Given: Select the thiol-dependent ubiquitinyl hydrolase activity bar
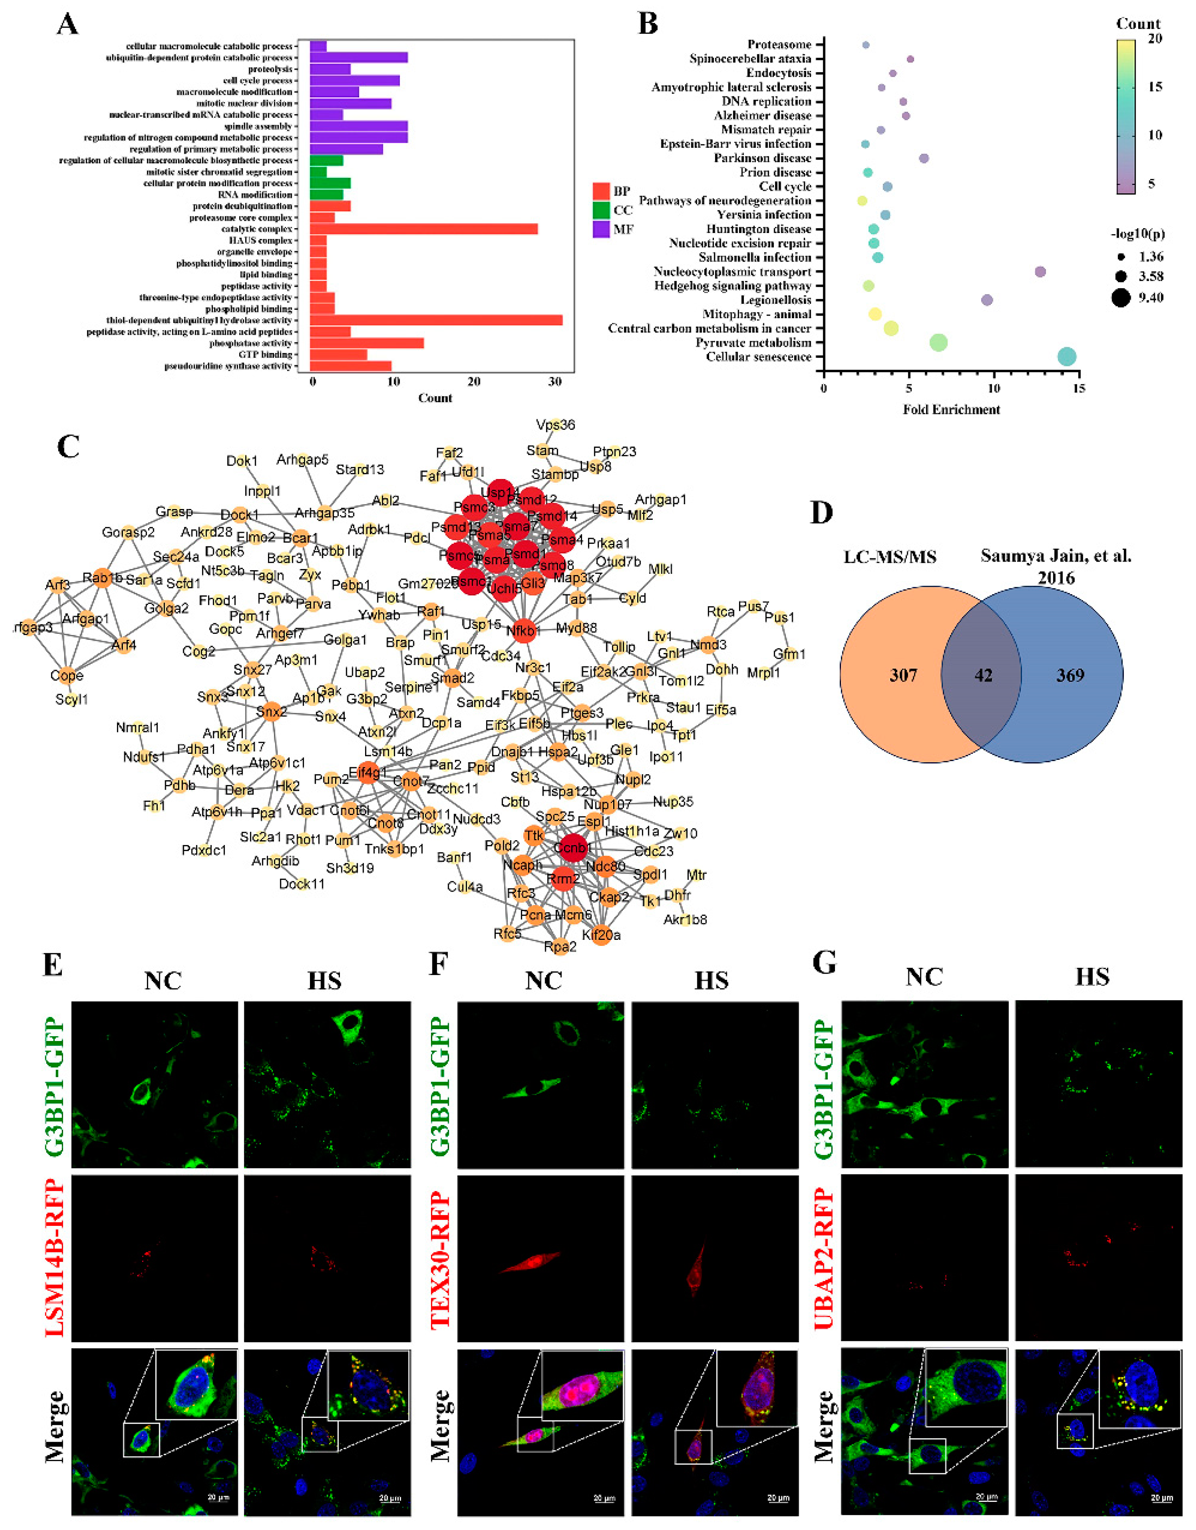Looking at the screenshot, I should pyautogui.click(x=435, y=320).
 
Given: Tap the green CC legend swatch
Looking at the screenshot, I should pyautogui.click(x=601, y=210).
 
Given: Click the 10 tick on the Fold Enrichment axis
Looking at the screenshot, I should pyautogui.click(x=993, y=389).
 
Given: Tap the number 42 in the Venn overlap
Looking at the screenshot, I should pyautogui.click(x=983, y=675).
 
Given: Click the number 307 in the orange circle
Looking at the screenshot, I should pyautogui.click(x=903, y=675).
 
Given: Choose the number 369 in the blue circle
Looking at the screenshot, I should pyautogui.click(x=1070, y=675).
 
